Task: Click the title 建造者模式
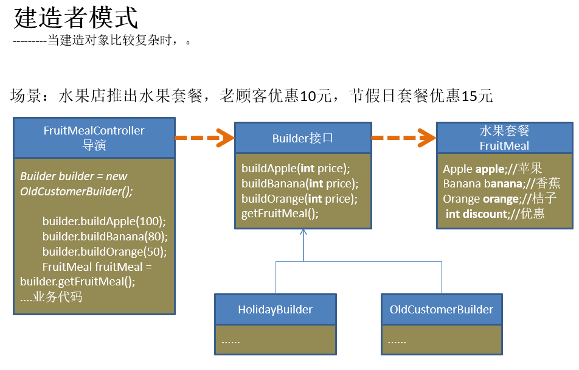[x=76, y=18]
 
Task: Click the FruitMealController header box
[x=94, y=138]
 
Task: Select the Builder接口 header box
[x=303, y=138]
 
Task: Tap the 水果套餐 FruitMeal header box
[x=504, y=138]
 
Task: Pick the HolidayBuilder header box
[x=275, y=309]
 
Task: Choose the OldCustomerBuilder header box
[x=442, y=309]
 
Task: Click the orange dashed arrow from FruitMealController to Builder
[x=204, y=138]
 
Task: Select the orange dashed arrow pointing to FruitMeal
[x=403, y=138]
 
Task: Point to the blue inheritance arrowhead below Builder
[x=303, y=232]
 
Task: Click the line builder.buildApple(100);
[x=104, y=221]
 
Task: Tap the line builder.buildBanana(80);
[x=105, y=236]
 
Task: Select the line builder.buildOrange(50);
[x=105, y=251]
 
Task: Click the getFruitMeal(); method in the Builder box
[x=280, y=214]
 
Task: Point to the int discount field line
[x=495, y=214]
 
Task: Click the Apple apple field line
[x=492, y=169]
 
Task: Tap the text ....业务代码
[x=51, y=297]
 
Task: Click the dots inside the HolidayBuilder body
[x=231, y=341]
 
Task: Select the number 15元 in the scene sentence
[x=477, y=96]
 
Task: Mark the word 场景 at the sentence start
[x=25, y=96]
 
